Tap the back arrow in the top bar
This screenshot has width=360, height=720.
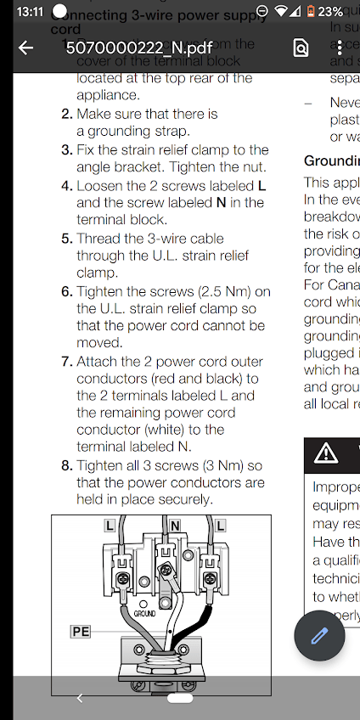[x=26, y=48]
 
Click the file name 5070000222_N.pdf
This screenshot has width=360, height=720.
[x=139, y=48]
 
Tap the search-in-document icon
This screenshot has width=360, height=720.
[x=301, y=48]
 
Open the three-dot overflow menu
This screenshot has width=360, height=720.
[x=340, y=48]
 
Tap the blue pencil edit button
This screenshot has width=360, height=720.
[x=319, y=636]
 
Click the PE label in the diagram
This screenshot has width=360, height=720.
[x=80, y=631]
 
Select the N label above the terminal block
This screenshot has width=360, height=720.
[x=175, y=526]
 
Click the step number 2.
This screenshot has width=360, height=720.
[x=66, y=114]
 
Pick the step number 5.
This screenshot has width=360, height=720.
[x=66, y=239]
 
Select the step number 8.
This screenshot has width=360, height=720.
[x=66, y=465]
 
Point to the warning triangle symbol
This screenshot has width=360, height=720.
[x=326, y=453]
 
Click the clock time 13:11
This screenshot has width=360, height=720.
[x=29, y=12]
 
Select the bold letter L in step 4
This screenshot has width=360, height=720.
[x=262, y=185]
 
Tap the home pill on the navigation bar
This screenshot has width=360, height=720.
[x=180, y=698]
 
